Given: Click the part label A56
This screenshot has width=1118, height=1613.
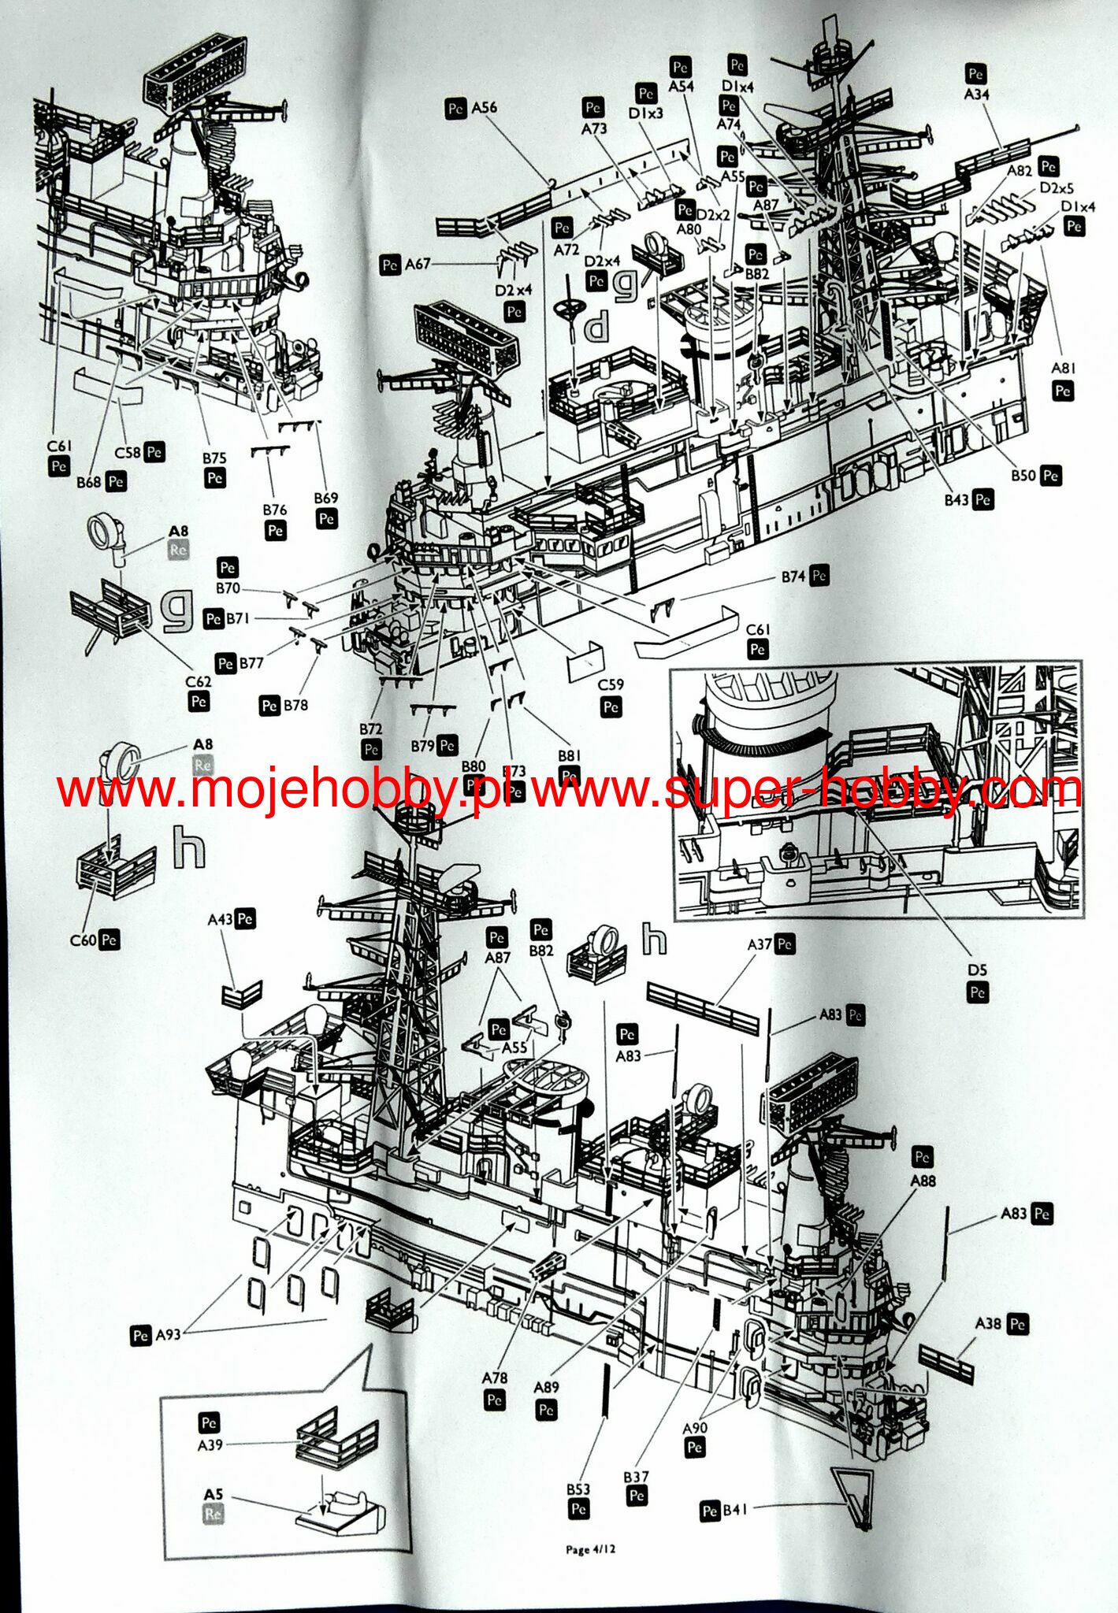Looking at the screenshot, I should pos(484,108).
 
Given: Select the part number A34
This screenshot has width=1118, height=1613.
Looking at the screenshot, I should pos(976,94).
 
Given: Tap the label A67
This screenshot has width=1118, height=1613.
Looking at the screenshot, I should pos(418,264).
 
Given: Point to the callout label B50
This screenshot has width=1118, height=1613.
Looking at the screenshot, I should pos(1024,475).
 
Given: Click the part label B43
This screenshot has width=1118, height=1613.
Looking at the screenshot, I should pos(957,499).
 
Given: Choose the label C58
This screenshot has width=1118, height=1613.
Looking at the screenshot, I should pos(128,453).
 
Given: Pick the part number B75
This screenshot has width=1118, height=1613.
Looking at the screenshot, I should pos(214,458).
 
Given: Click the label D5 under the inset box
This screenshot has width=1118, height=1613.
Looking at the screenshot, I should pos(978,970).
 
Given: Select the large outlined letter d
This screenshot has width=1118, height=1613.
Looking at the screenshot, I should pos(596,324).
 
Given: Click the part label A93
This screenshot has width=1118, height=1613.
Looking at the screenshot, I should pos(168,1334).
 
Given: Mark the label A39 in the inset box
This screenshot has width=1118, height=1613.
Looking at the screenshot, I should pos(210,1444).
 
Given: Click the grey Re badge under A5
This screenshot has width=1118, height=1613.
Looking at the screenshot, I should pos(213,1513).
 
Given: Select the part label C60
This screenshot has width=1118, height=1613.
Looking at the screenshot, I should pos(84,940).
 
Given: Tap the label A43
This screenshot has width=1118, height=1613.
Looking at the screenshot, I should pos(220,919).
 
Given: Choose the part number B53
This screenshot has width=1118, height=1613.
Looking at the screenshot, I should pos(578,1489).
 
